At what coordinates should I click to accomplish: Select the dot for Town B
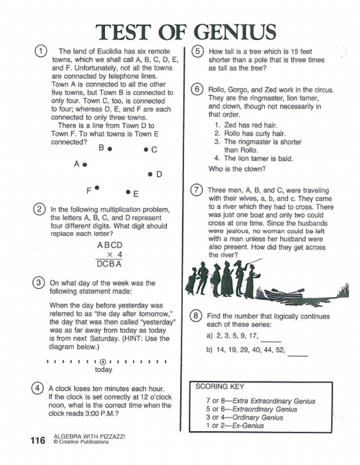pyautogui.click(x=109, y=150)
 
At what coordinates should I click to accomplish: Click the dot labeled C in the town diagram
pyautogui.click(x=146, y=150)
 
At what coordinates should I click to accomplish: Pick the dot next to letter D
pyautogui.click(x=150, y=175)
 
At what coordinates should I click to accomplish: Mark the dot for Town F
pyautogui.click(x=97, y=188)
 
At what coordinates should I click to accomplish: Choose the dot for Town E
pyautogui.click(x=128, y=192)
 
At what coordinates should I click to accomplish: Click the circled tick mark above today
pyautogui.click(x=103, y=362)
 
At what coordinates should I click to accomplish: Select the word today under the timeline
pyautogui.click(x=104, y=370)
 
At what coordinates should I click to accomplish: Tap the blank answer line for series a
pyautogui.click(x=273, y=340)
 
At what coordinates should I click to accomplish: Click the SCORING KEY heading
pyautogui.click(x=220, y=387)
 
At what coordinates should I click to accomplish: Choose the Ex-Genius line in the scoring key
pyautogui.click(x=235, y=426)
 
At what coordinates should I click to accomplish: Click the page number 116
pyautogui.click(x=37, y=440)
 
